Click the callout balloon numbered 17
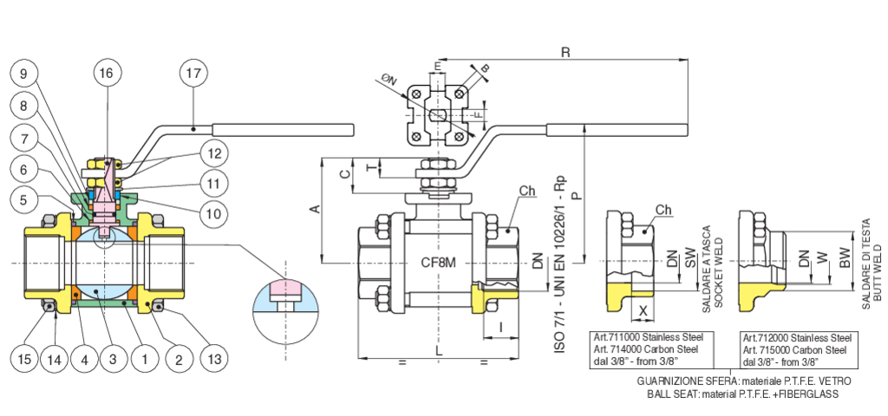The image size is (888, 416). click(x=193, y=73)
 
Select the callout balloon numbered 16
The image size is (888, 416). click(x=106, y=73)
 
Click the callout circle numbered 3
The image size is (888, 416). click(x=114, y=358)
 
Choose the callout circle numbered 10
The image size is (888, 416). click(x=213, y=213)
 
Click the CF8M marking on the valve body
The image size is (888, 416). click(x=439, y=263)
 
